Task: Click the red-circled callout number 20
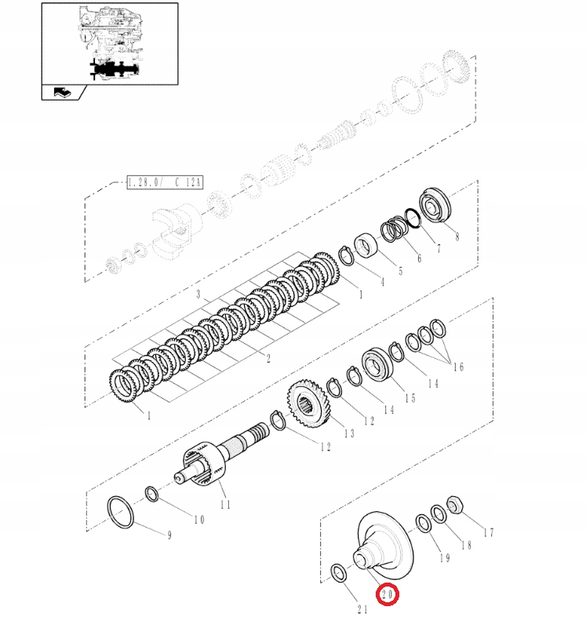(x=388, y=596)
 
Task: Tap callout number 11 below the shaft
(x=225, y=505)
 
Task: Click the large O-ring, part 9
(x=122, y=511)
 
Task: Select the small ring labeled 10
(x=152, y=494)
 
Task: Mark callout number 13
(x=348, y=433)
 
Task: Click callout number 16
(x=457, y=367)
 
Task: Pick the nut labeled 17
(x=453, y=503)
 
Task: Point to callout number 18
(x=466, y=545)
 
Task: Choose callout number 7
(x=439, y=249)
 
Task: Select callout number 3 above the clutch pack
(x=199, y=295)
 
